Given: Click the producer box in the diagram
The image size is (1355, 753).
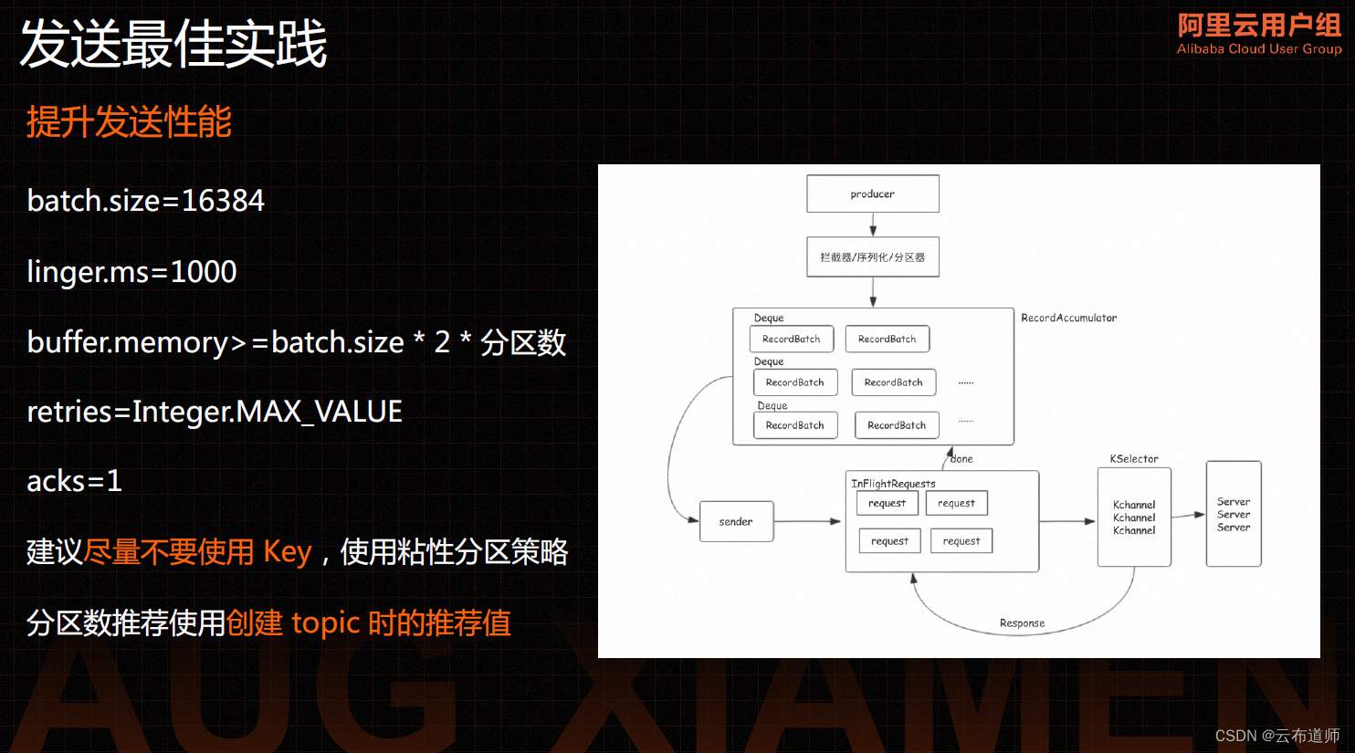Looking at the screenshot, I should [x=872, y=193].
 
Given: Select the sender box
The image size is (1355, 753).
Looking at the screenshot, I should [x=736, y=521].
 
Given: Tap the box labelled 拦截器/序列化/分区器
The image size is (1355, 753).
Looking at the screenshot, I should [x=872, y=257].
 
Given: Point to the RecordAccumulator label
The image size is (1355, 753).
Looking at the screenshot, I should [x=1068, y=318].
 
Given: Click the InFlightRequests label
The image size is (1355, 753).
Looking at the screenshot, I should [x=893, y=483].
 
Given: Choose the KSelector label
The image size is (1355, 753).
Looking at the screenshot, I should [x=1134, y=458].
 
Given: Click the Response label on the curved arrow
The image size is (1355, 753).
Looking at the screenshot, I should [x=1022, y=623].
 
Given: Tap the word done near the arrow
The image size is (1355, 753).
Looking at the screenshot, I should [x=961, y=459].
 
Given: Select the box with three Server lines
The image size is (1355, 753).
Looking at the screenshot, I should [x=1234, y=514].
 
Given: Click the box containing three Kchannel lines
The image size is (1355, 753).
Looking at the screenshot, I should [x=1134, y=517].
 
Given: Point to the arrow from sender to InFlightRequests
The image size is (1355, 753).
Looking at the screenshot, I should [x=807, y=521].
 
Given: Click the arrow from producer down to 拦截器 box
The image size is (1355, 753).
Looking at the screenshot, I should [x=873, y=225].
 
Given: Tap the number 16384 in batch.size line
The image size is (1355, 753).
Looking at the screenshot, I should [x=223, y=201].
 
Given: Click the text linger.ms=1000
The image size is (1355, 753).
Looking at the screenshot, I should [x=131, y=272].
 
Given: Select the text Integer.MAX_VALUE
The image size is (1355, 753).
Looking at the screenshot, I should [x=267, y=412].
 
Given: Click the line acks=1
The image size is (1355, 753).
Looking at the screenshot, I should [x=74, y=481].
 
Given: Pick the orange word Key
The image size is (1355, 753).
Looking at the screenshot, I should [x=287, y=552].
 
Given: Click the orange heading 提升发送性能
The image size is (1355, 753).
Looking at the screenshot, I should [x=129, y=122].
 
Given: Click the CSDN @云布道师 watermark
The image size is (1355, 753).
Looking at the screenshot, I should [x=1276, y=736].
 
